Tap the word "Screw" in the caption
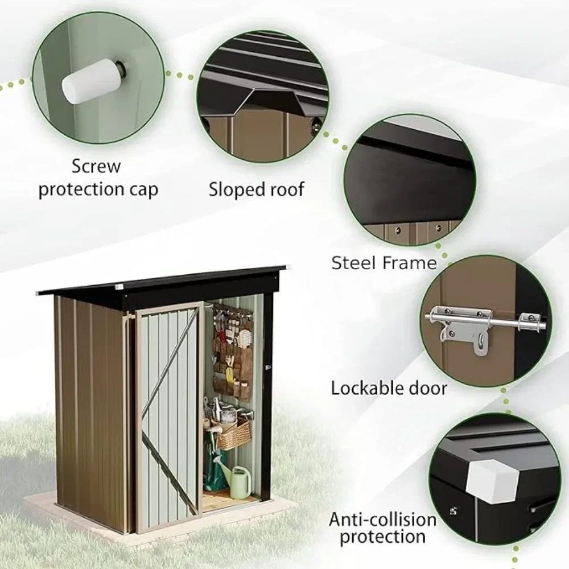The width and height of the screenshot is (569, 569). (96, 167)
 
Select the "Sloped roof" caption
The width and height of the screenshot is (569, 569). (256, 189)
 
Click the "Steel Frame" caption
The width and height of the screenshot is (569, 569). (384, 262)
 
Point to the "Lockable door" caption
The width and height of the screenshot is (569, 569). (389, 388)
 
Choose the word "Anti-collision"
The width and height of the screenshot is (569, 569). (382, 519)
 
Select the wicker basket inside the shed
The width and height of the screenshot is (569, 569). (233, 435)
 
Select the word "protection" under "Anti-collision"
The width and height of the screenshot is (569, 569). (383, 536)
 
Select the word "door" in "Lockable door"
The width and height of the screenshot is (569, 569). (427, 388)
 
